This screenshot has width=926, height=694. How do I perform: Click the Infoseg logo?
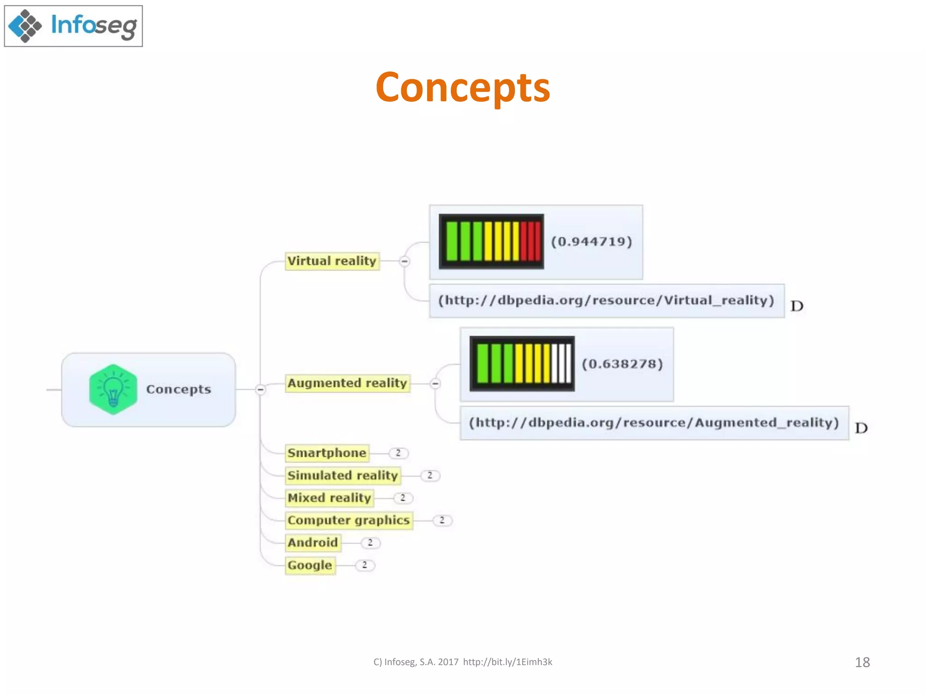73,26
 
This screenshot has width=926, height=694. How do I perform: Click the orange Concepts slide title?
463,87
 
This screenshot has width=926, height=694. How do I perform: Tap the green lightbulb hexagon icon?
113,389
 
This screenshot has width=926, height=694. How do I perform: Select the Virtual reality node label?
332,261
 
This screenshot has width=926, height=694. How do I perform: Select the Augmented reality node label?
347,383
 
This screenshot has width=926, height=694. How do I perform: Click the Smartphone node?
327,453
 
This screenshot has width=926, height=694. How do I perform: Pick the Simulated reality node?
343,475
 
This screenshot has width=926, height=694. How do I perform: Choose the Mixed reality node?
329,498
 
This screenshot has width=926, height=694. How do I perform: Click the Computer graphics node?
349,520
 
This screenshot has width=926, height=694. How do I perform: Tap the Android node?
313,543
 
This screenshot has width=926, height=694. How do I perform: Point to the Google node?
310,565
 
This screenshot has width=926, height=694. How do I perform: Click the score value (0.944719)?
591,242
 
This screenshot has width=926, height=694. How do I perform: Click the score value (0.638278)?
622,364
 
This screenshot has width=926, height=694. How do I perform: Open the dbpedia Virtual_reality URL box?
606,300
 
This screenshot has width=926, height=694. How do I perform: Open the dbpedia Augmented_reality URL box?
654,423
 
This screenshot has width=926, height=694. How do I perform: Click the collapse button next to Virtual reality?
405,261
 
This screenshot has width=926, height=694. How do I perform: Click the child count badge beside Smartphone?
398,453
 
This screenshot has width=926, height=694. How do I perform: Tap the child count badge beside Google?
364,565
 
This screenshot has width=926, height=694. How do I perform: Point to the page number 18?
862,662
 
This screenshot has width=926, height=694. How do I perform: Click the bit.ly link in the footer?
507,662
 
